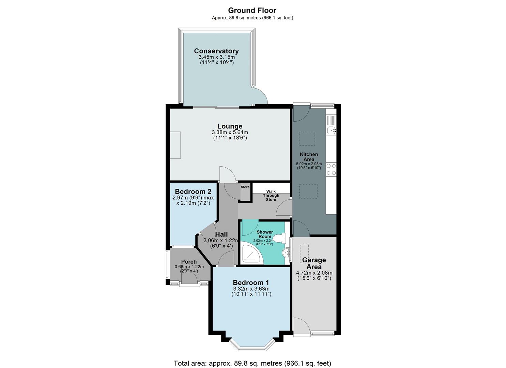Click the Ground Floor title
(x=252, y=10)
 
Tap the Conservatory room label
(x=216, y=51)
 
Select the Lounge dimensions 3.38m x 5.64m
(x=230, y=132)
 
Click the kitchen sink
(x=331, y=129)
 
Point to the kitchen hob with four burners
(x=331, y=169)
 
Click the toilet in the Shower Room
(x=280, y=238)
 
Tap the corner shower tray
(x=252, y=254)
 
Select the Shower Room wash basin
(x=286, y=253)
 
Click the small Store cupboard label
(x=245, y=187)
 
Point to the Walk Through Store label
(x=271, y=196)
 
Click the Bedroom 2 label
(x=193, y=191)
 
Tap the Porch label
(x=189, y=262)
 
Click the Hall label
(x=221, y=234)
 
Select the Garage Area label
(x=314, y=263)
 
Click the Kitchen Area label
(x=309, y=157)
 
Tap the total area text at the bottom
(x=252, y=363)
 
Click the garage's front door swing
(x=301, y=326)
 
